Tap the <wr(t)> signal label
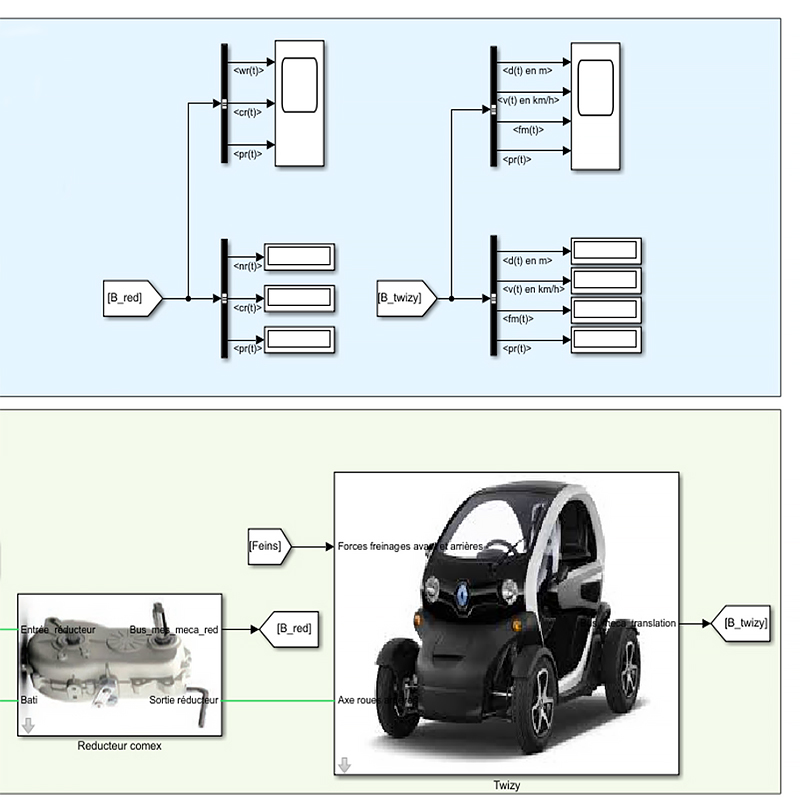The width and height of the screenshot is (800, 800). pos(247,70)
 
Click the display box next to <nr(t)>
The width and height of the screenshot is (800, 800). pos(299,256)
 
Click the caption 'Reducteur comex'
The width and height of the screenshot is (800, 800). pos(120,745)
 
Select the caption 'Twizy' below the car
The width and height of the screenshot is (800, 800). pos(506,786)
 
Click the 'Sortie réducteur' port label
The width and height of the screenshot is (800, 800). pos(184,700)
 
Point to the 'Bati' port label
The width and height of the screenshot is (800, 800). pos(29,700)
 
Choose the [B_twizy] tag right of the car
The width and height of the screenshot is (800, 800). pos(743,623)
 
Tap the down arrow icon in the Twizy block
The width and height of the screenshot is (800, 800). pos(344,765)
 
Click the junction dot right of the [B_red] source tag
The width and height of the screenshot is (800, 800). pos(188,298)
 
